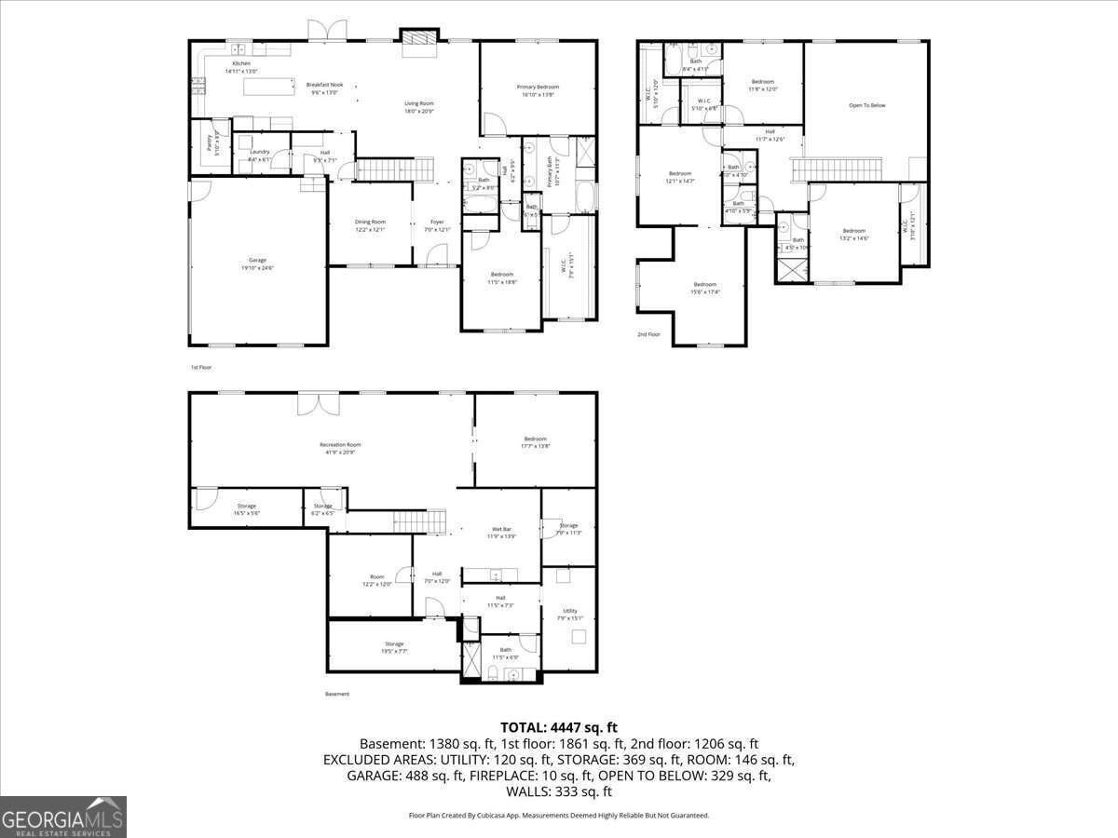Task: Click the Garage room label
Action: pyautogui.click(x=257, y=260)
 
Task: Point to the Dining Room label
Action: pyautogui.click(x=370, y=222)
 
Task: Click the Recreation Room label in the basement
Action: pyautogui.click(x=340, y=445)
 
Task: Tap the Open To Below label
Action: pyautogui.click(x=866, y=105)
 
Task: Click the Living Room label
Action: pyautogui.click(x=419, y=103)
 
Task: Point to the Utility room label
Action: pyautogui.click(x=570, y=611)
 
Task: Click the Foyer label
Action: pyautogui.click(x=437, y=222)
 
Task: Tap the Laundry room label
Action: pyautogui.click(x=260, y=152)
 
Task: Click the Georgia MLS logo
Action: pyautogui.click(x=63, y=818)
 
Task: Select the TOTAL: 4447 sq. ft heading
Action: pyautogui.click(x=559, y=727)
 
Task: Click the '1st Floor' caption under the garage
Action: pyautogui.click(x=201, y=368)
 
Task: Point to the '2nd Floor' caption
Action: pyautogui.click(x=648, y=333)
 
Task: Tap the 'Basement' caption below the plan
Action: pyautogui.click(x=337, y=694)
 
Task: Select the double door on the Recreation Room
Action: pyautogui.click(x=319, y=403)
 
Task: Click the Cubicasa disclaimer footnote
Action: pyautogui.click(x=559, y=815)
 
